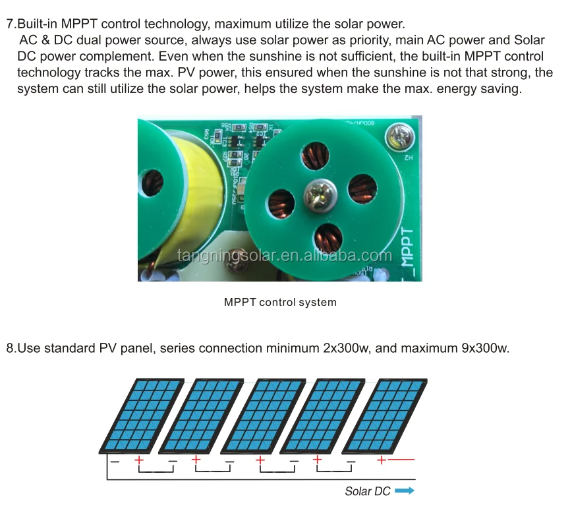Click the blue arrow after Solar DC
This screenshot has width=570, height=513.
[x=405, y=491]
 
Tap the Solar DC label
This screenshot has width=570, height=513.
[x=368, y=491]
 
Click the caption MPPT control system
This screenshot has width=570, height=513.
[x=280, y=303]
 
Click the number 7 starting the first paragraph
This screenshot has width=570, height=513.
[x=9, y=24]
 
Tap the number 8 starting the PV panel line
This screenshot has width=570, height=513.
[x=9, y=348]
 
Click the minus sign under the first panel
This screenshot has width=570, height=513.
[x=115, y=461]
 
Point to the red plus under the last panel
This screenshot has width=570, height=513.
[x=381, y=460]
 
